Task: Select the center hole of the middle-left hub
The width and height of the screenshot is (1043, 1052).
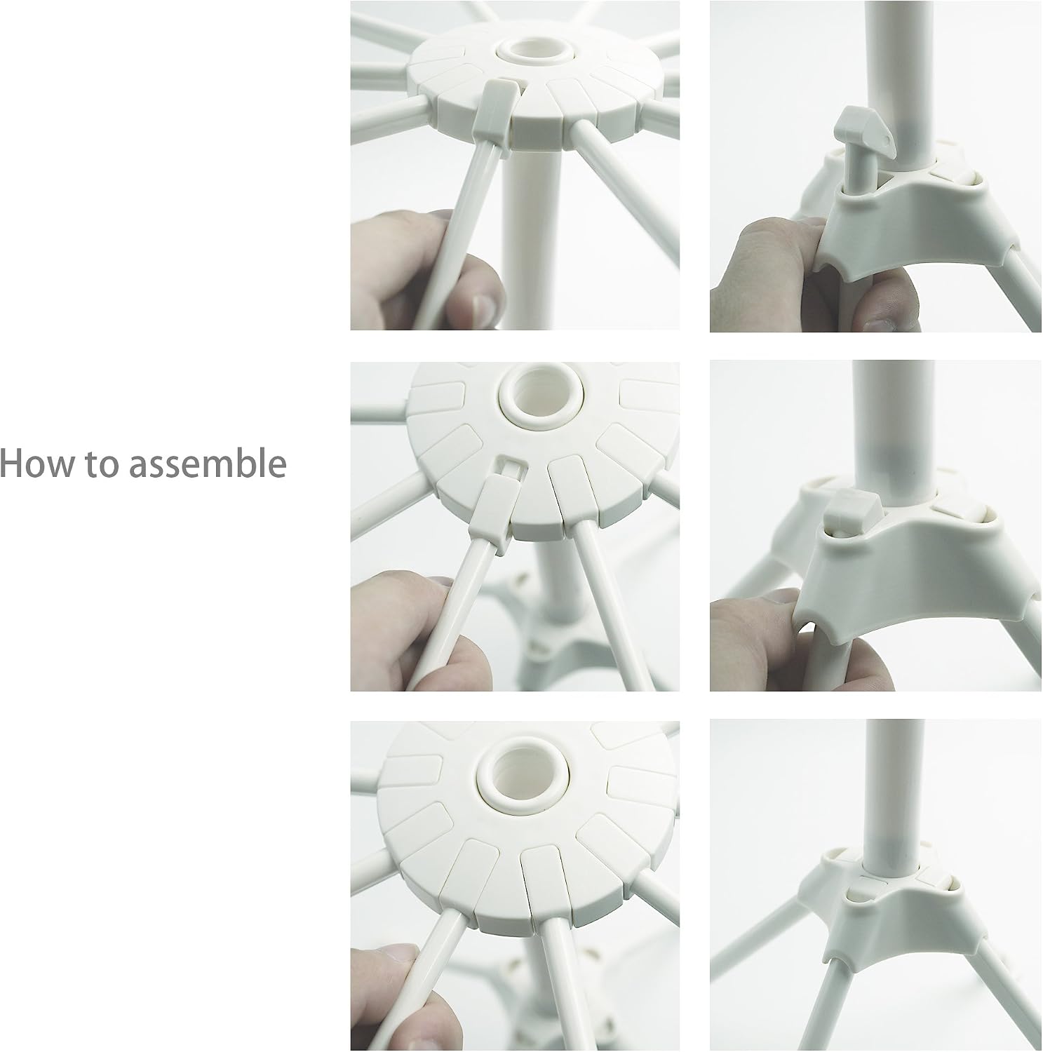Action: tap(532, 398)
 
